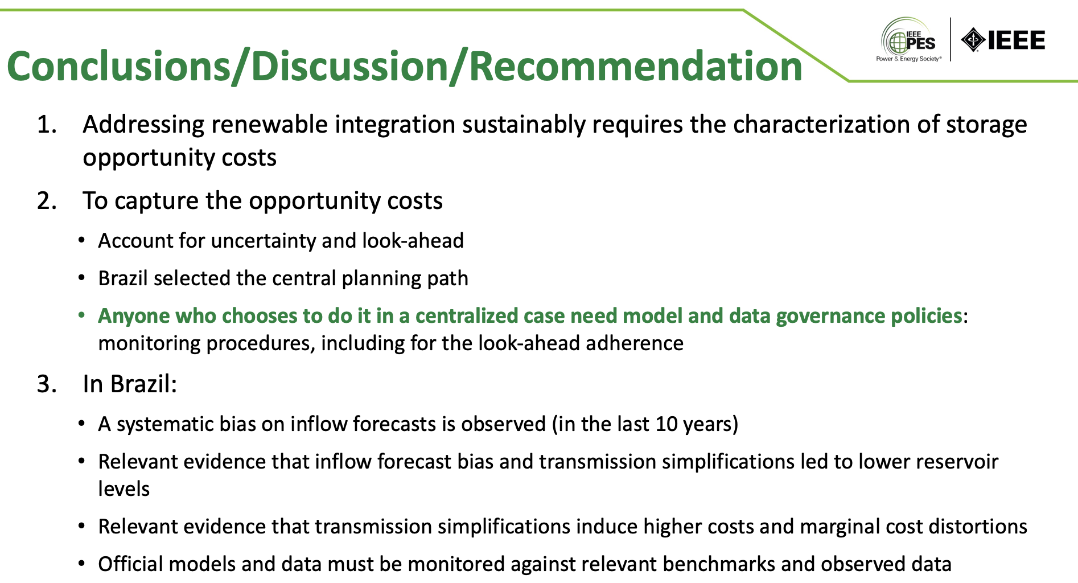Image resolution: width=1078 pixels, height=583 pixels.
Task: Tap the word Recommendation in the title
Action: click(x=636, y=66)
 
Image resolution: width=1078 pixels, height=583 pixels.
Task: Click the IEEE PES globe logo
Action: click(x=908, y=39)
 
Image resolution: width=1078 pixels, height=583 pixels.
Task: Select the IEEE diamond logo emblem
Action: click(x=973, y=40)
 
